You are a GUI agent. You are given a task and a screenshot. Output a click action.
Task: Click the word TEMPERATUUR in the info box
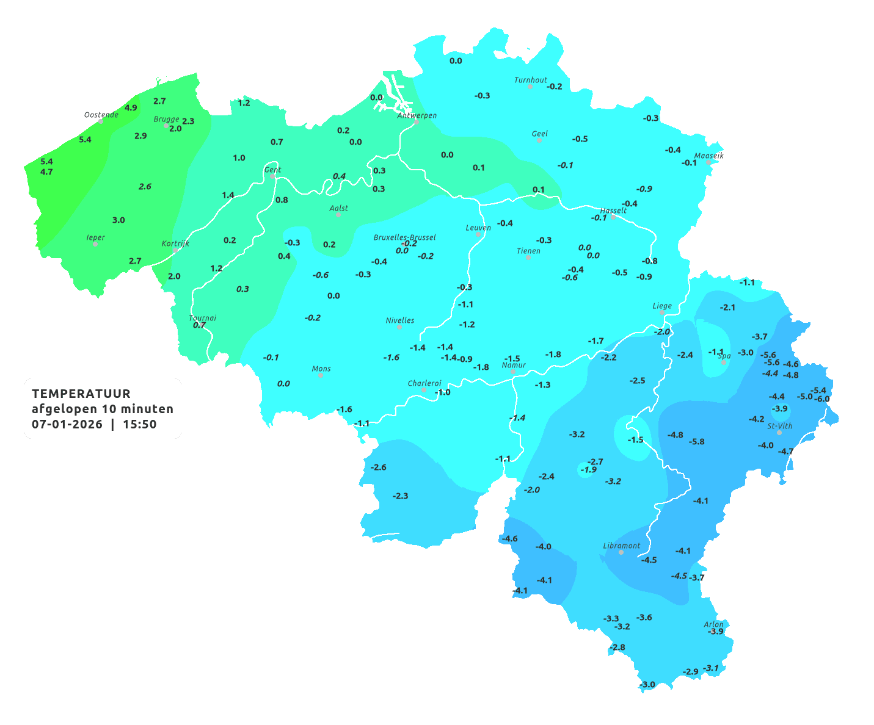[81, 394]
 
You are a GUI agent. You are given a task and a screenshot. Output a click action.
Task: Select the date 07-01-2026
[67, 424]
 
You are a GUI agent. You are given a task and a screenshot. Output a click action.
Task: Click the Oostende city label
[101, 115]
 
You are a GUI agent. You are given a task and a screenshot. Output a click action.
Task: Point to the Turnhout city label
[530, 80]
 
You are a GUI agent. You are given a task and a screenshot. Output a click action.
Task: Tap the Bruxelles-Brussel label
[404, 237]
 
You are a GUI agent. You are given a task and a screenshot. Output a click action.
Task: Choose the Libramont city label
[621, 546]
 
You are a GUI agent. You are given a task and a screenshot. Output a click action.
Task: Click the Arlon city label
[713, 624]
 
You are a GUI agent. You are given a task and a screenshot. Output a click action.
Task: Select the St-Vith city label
[779, 426]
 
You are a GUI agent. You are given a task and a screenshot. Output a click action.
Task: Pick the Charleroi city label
[424, 383]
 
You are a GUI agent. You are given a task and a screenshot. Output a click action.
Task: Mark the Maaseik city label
[708, 156]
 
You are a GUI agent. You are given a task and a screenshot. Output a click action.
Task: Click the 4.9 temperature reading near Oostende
[131, 108]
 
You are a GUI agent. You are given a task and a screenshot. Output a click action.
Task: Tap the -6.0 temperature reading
[822, 399]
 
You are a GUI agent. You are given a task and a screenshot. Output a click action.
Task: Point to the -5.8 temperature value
[696, 442]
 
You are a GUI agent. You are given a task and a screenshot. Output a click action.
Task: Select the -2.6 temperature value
[379, 467]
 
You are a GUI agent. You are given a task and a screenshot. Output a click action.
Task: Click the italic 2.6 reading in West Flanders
[145, 187]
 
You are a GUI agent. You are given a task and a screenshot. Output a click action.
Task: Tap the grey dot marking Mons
[321, 375]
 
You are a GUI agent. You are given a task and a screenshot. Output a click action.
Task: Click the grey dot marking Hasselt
[613, 217]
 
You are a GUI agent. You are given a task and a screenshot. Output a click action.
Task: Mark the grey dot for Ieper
[95, 244]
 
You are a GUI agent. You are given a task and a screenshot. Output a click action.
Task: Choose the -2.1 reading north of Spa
[727, 308]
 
